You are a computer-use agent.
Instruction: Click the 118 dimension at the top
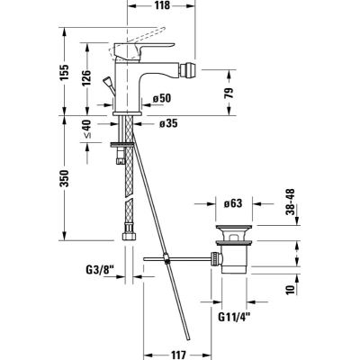tap(162, 5)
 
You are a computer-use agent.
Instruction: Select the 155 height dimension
tap(64, 72)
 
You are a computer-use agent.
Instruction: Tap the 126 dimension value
tap(86, 77)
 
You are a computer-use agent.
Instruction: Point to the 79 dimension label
tap(229, 94)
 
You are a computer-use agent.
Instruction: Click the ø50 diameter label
tap(161, 98)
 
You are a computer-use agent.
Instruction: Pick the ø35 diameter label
tap(168, 123)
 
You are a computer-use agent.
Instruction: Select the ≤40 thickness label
tap(86, 129)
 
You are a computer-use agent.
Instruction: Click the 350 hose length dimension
tap(64, 178)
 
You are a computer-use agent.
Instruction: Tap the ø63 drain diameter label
tap(233, 203)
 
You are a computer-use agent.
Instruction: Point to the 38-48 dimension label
tap(290, 202)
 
